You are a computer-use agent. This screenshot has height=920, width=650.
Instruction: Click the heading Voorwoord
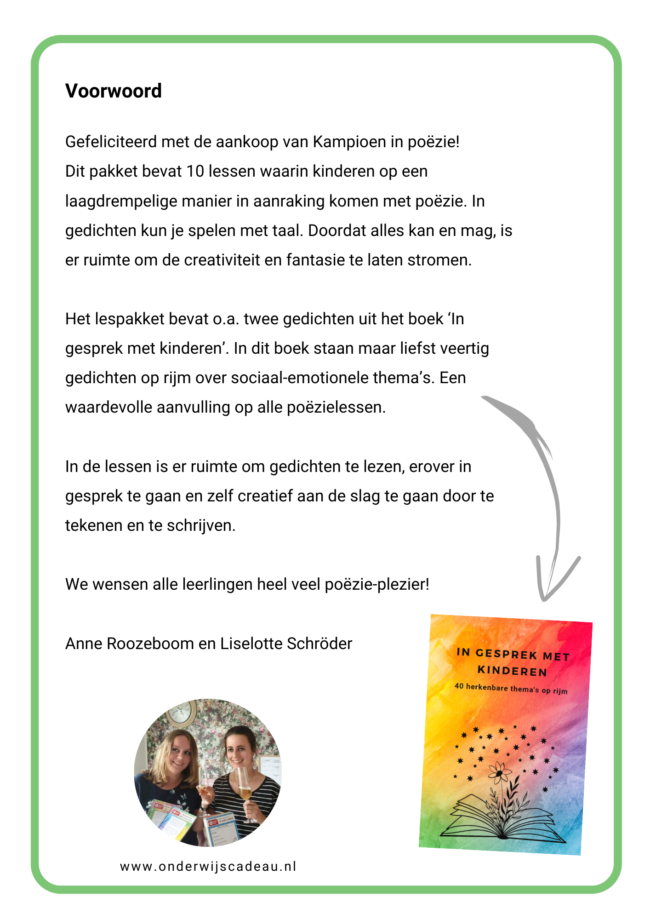(x=113, y=91)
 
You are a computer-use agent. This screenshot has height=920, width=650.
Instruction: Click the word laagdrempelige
(x=121, y=201)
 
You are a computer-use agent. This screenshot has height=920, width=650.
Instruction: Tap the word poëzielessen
(x=336, y=408)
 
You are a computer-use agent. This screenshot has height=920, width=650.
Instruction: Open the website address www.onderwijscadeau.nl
(x=208, y=867)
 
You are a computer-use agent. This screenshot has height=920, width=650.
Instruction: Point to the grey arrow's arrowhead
(x=547, y=589)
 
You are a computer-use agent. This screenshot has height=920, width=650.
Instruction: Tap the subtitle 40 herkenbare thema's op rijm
(x=511, y=689)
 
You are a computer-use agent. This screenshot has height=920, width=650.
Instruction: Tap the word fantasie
(x=316, y=260)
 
